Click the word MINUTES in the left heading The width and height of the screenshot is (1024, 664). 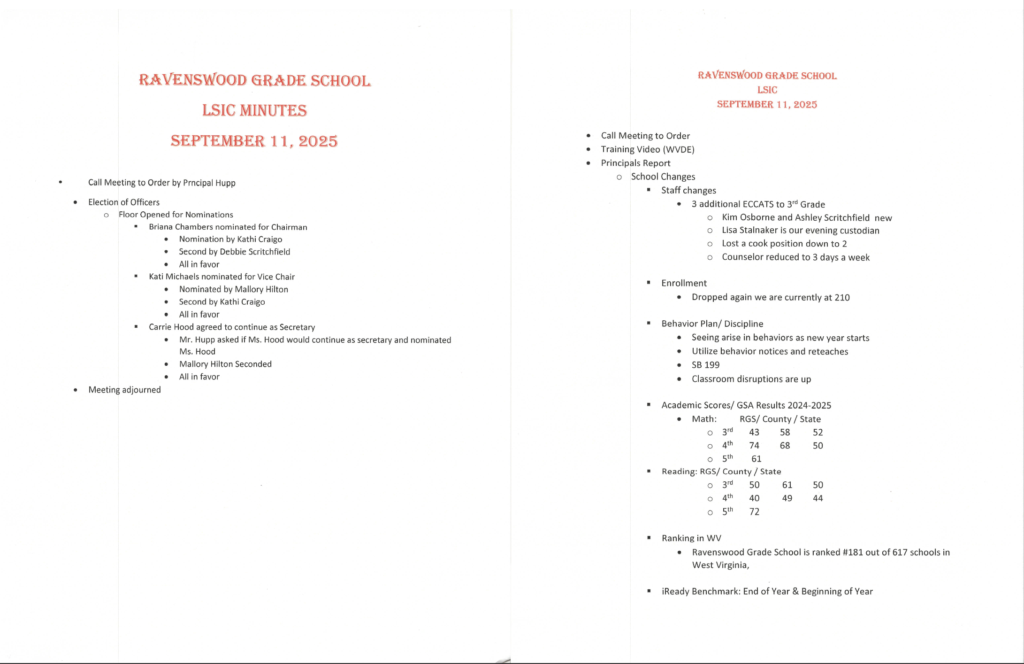pos(273,110)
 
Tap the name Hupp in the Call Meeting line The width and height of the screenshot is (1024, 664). pos(226,183)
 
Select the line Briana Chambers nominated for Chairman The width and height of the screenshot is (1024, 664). pos(228,227)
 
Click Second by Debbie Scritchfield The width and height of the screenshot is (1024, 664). pos(234,252)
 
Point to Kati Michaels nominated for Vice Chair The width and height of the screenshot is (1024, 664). pos(222,277)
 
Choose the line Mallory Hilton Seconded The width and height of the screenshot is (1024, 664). pos(225,364)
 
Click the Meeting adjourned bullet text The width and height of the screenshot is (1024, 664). pos(124,390)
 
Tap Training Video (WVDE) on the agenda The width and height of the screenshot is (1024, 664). pos(647,149)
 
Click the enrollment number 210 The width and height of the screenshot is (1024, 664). pos(842,297)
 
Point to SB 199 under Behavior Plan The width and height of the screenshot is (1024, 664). pos(705,365)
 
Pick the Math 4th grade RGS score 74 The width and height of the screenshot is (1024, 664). pos(754,446)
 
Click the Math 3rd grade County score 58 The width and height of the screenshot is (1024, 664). pos(785,432)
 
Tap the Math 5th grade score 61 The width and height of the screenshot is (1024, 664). pos(756,459)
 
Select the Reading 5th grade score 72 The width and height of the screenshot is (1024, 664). pos(754,511)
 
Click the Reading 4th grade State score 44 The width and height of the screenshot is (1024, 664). pos(818,498)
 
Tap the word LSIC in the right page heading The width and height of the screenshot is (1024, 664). pos(767,90)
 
